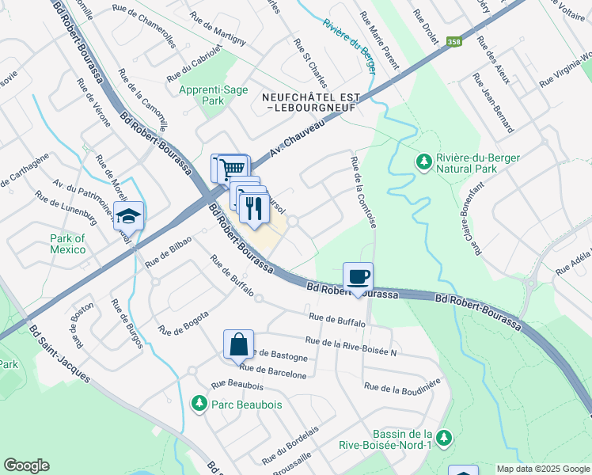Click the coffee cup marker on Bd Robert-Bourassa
pyautogui.click(x=358, y=277)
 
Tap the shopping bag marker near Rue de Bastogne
pyautogui.click(x=238, y=345)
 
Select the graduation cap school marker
pyautogui.click(x=127, y=215)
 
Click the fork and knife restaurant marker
pyautogui.click(x=253, y=208)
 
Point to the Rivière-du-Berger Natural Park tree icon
pyautogui.click(x=424, y=163)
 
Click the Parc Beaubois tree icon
pyautogui.click(x=199, y=405)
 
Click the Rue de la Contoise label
pyautogui.click(x=362, y=192)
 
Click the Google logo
pyautogui.click(x=26, y=465)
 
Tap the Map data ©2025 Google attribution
pyautogui.click(x=541, y=469)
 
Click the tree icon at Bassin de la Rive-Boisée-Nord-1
pyautogui.click(x=444, y=437)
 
